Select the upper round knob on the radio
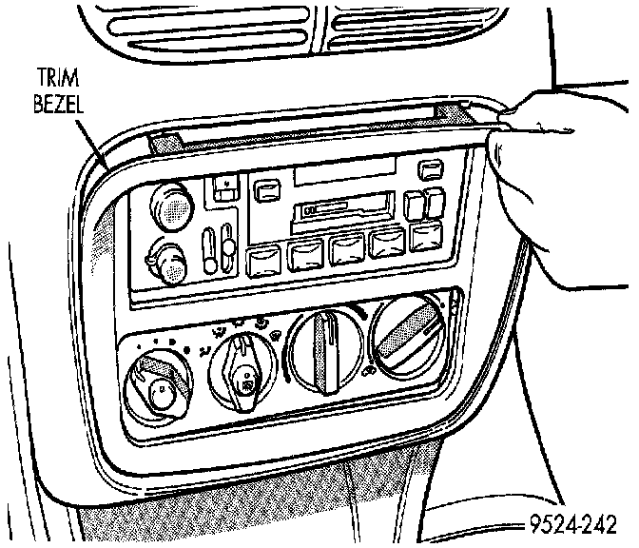coord(173,205)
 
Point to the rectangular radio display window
coord(343,168)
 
